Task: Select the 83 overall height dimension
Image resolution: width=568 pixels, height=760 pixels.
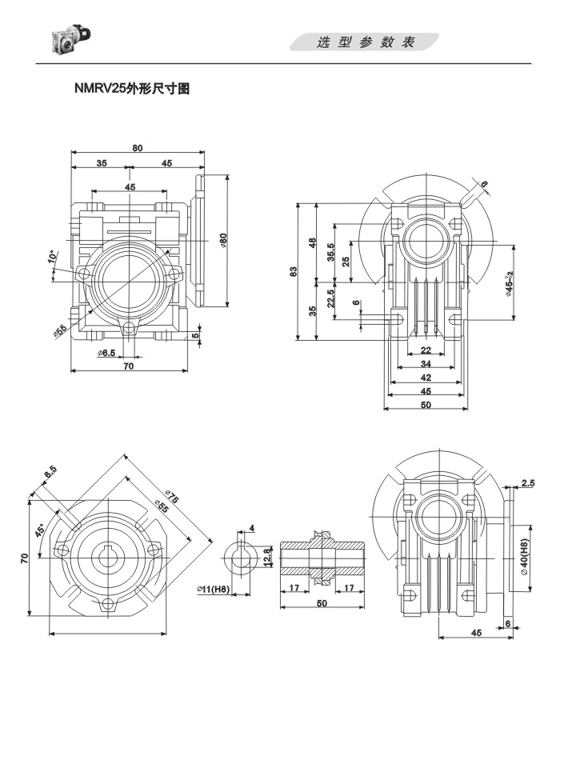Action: [294, 272]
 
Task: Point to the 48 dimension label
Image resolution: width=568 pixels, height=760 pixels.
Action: [313, 242]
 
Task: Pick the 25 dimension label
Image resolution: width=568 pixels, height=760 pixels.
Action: [346, 262]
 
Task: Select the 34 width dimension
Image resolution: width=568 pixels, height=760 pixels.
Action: [426, 365]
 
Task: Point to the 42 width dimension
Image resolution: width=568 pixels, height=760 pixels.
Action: [426, 378]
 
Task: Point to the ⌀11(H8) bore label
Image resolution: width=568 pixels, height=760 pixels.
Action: [213, 590]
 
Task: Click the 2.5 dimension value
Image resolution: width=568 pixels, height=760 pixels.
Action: [528, 482]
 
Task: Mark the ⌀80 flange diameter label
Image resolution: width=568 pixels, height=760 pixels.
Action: [224, 240]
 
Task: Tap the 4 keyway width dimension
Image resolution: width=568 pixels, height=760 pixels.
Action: [252, 528]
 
